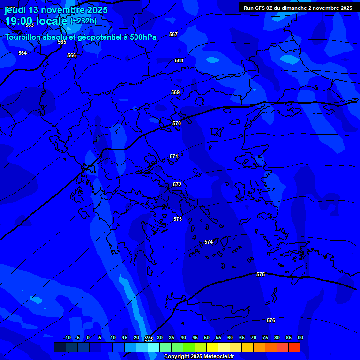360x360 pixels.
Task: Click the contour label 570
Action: pos(177,123)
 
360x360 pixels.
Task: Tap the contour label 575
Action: pos(261,274)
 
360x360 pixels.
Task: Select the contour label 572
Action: pos(177,184)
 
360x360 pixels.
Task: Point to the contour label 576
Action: pos(271,320)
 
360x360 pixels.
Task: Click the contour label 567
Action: pos(173,34)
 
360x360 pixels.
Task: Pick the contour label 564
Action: pos(22,53)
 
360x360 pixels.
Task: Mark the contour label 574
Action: pos(209,242)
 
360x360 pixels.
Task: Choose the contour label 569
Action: pos(175,92)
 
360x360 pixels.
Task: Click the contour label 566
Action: pos(72,55)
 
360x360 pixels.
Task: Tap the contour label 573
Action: pos(178,219)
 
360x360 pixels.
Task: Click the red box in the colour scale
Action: pos(294,347)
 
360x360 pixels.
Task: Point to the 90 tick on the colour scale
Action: pos(300,337)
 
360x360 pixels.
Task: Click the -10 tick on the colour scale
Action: pos(67,337)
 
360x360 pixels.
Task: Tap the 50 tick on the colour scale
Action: pos(207,337)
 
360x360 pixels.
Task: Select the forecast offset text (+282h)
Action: pos(83,21)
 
